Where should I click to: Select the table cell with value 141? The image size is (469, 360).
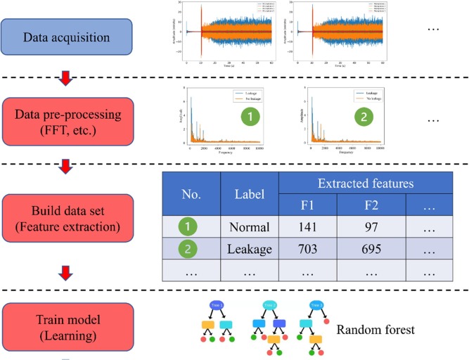click(x=308, y=227)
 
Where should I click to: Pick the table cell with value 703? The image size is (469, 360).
click(x=308, y=248)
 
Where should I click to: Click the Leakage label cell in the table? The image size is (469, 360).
click(x=249, y=248)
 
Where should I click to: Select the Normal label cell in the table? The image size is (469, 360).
click(x=249, y=227)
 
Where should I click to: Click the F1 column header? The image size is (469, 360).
click(x=308, y=207)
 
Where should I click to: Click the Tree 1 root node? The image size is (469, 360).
click(x=216, y=304)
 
